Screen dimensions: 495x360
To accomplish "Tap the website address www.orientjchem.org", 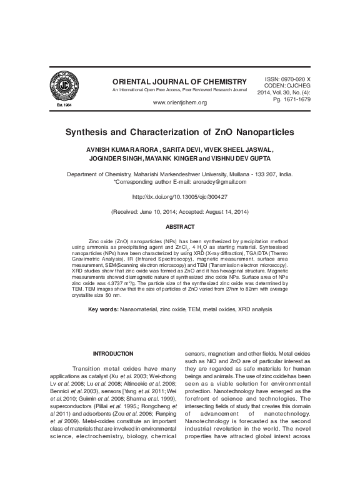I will tap(179, 102).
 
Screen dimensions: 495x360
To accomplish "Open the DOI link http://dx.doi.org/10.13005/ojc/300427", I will tap(179, 196).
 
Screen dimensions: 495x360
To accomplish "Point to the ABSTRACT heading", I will tap(179, 226).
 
